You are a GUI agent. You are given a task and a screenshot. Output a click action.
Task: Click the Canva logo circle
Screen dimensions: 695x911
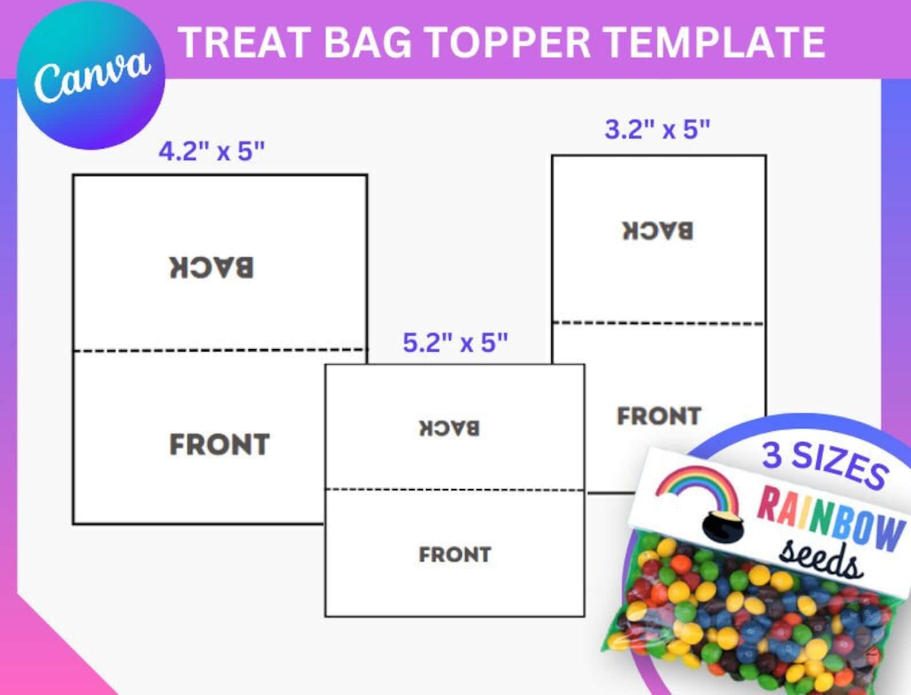click(91, 75)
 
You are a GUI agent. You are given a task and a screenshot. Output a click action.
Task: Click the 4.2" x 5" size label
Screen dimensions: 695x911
click(212, 151)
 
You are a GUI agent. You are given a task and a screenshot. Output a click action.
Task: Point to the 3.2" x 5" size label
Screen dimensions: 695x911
click(657, 130)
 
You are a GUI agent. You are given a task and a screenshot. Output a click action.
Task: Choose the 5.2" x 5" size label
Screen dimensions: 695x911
click(455, 343)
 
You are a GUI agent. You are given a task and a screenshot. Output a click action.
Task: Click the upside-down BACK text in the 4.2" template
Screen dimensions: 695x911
click(211, 268)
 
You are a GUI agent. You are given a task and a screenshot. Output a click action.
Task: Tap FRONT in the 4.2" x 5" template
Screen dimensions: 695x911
click(219, 444)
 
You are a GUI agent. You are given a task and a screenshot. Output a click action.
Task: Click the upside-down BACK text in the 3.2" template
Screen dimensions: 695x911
click(658, 231)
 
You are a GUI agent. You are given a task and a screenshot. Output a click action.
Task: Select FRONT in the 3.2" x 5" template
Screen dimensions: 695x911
click(659, 416)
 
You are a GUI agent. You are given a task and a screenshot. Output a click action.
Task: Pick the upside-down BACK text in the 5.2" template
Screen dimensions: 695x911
click(449, 428)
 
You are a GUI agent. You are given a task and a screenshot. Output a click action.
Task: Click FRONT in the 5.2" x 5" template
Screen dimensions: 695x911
click(454, 555)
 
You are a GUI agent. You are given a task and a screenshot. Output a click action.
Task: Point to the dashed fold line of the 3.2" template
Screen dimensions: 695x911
click(658, 323)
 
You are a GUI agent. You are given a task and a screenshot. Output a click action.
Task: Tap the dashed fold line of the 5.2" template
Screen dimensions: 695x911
click(454, 490)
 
